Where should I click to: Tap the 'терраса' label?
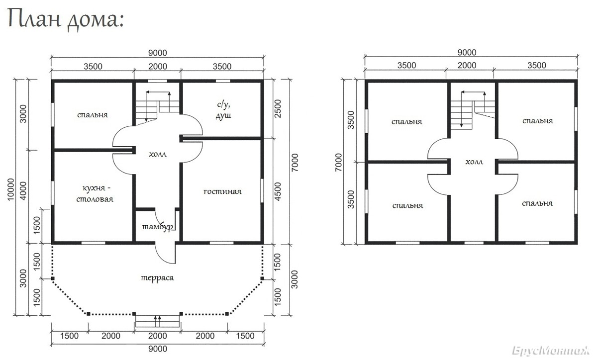[157, 277]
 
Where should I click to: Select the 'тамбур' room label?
[158, 227]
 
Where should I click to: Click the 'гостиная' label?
[222, 191]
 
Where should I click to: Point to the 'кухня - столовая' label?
[95, 193]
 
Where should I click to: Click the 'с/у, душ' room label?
[223, 110]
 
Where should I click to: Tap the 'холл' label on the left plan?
[158, 154]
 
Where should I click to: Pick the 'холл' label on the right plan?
[474, 162]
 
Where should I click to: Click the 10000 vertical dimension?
[10, 189]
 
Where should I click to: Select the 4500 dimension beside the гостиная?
[278, 192]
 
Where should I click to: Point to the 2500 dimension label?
[278, 109]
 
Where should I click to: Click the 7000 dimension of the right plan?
[339, 162]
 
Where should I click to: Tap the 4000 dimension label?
[23, 191]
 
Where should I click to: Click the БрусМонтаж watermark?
[551, 351]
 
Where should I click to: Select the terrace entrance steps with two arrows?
[158, 321]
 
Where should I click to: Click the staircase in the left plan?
[158, 108]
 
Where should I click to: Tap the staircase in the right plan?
[473, 110]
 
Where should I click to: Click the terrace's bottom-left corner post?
[89, 314]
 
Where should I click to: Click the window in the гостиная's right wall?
[262, 190]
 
